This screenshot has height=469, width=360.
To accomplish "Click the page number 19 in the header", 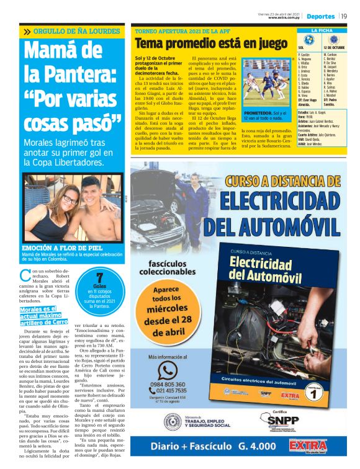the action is (344, 16).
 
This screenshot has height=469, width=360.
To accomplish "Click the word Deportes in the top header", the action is (320, 16).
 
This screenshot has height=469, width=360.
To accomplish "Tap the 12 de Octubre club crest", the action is (335, 40).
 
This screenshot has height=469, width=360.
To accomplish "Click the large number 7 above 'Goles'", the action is (99, 278).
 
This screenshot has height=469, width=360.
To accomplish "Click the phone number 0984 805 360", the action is (168, 385).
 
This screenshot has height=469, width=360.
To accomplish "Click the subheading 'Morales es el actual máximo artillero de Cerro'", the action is (43, 315).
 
